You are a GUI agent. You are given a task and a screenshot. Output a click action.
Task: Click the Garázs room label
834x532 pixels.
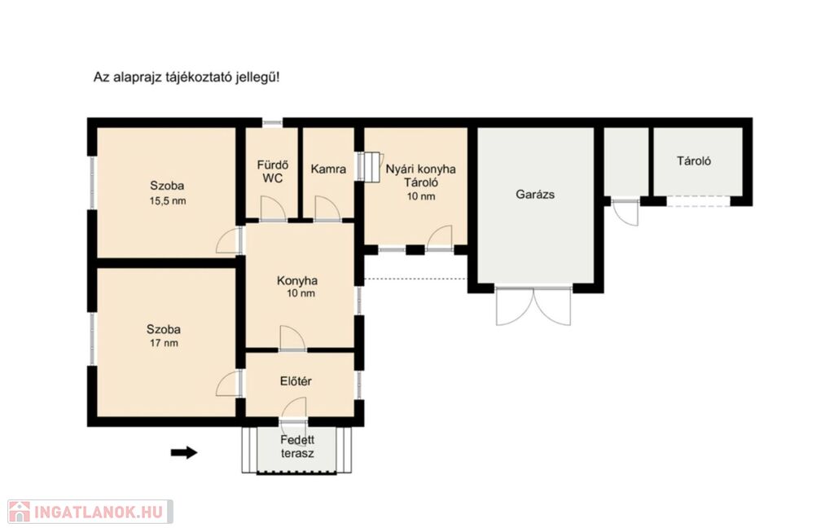[535, 195]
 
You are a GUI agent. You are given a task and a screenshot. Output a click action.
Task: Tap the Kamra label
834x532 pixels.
[328, 169]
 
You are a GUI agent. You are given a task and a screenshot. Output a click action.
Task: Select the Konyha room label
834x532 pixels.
[297, 281]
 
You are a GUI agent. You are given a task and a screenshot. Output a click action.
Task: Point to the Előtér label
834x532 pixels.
[296, 381]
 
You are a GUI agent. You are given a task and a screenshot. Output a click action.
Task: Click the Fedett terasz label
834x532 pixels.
[297, 447]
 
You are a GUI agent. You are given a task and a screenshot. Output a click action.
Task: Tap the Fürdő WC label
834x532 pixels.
[272, 171]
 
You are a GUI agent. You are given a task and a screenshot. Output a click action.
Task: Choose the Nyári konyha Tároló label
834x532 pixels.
[421, 175]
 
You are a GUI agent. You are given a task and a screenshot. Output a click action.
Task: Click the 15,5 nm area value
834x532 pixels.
[168, 201]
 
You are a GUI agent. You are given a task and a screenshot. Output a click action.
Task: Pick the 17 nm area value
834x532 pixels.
[164, 343]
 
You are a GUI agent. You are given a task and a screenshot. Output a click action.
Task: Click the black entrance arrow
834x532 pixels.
[184, 453]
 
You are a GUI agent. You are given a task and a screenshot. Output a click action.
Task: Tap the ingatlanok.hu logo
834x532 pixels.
[90, 512]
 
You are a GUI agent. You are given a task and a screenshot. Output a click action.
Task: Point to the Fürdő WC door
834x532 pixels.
[274, 209]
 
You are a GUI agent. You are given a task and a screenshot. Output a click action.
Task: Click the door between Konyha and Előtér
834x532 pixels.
[292, 338]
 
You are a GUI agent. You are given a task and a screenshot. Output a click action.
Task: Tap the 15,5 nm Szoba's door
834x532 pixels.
[229, 240]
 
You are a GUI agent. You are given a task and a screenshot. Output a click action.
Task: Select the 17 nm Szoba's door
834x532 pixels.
[229, 383]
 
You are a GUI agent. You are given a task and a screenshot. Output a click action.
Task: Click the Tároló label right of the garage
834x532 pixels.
[694, 160]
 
